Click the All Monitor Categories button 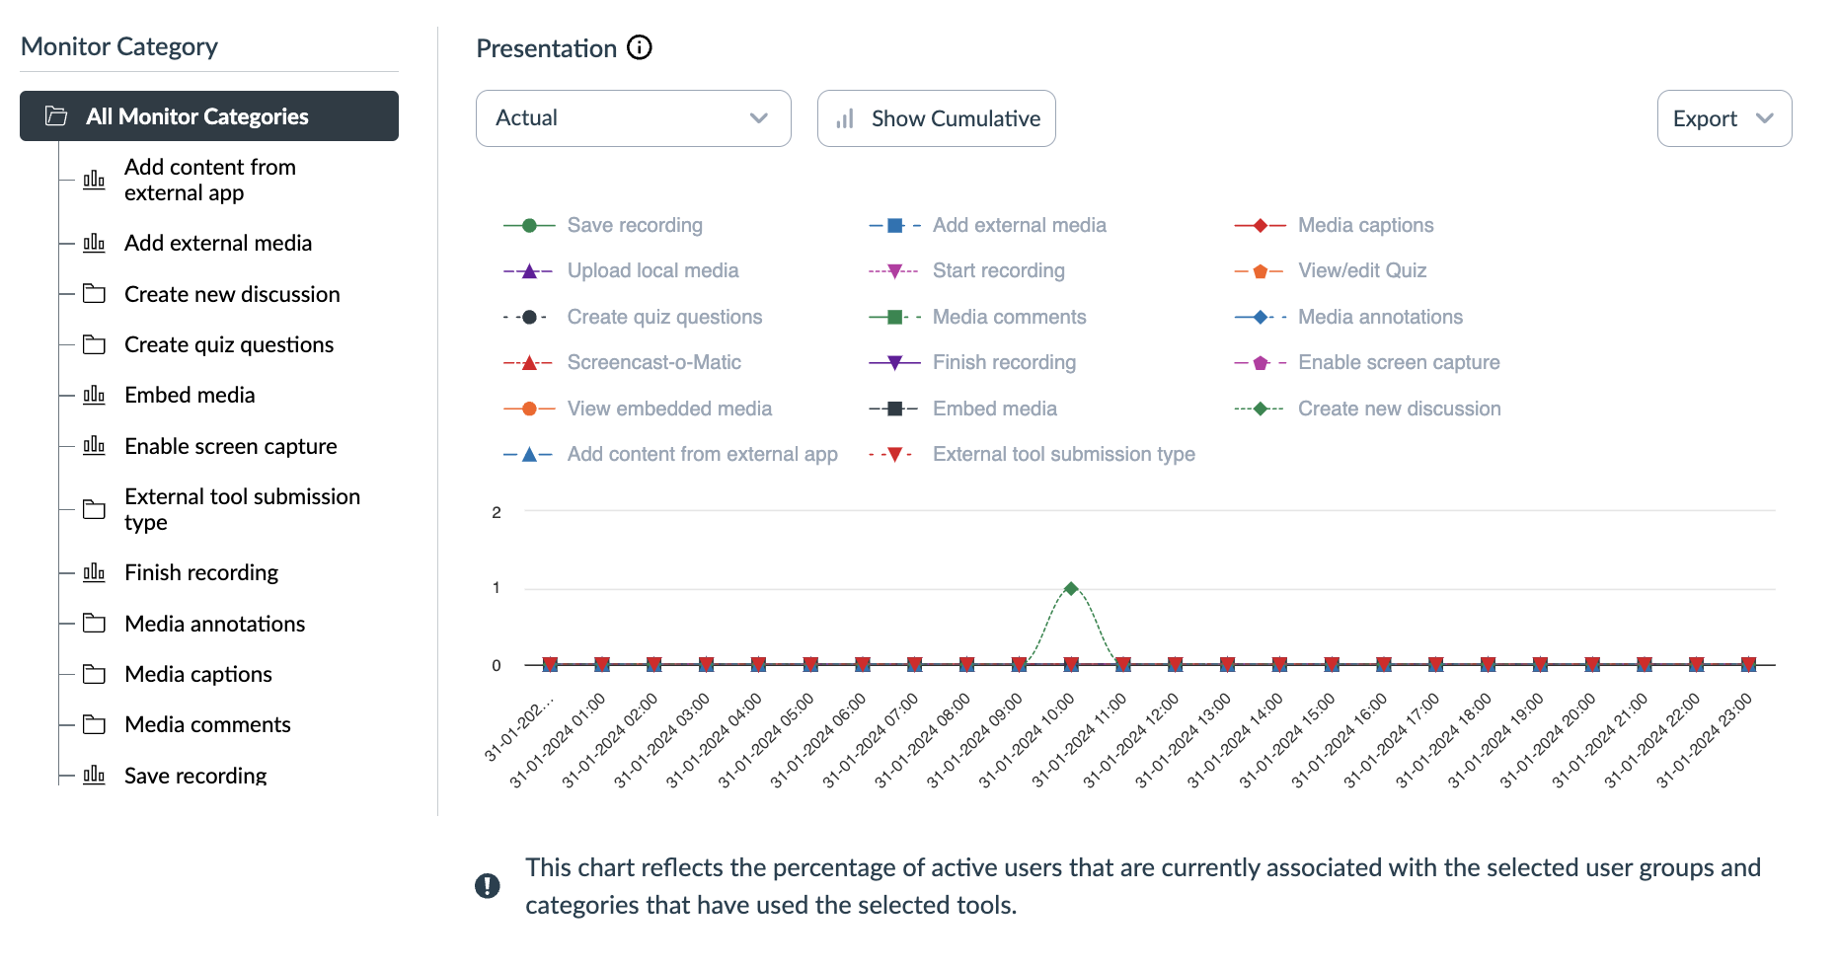(208, 116)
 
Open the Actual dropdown (633, 118)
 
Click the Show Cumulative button (936, 118)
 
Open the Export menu (1723, 118)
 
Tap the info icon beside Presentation (640, 47)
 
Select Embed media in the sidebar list (190, 396)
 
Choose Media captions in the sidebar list (197, 675)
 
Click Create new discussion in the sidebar (232, 294)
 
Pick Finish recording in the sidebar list (201, 573)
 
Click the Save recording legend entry (634, 225)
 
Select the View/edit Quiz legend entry (1361, 270)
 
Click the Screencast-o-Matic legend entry (653, 362)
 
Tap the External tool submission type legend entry (1063, 454)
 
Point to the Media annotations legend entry (1380, 317)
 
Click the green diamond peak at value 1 (1071, 588)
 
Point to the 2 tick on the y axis (497, 512)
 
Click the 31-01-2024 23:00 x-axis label (1705, 740)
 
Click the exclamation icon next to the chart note (488, 885)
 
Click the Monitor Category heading (119, 46)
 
